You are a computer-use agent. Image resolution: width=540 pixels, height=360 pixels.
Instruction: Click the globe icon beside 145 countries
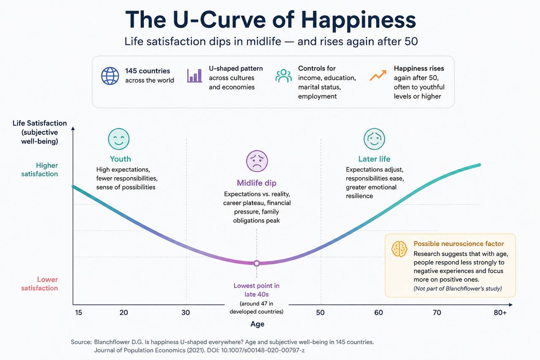tap(110, 76)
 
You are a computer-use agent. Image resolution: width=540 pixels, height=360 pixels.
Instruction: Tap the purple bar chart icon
tap(194, 76)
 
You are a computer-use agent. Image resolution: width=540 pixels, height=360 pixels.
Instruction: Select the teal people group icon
tap(283, 76)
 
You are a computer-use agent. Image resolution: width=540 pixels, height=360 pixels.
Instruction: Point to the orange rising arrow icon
tap(378, 75)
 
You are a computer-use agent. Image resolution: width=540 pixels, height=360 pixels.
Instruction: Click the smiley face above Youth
tap(119, 139)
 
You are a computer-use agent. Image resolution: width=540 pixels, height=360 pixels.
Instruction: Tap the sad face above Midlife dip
tap(257, 161)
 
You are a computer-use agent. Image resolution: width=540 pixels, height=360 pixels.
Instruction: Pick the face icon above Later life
tap(374, 139)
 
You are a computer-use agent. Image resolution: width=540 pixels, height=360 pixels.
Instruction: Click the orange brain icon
tap(399, 249)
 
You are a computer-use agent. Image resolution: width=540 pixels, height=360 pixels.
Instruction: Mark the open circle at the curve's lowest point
tap(257, 263)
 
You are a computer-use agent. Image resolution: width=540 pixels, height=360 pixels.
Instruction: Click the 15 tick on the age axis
tap(78, 312)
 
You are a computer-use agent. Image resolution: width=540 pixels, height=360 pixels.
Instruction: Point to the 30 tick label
tap(186, 312)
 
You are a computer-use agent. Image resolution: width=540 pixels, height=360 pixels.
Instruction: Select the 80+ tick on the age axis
tap(500, 312)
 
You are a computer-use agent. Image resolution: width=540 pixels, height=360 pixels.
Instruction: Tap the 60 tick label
tap(378, 312)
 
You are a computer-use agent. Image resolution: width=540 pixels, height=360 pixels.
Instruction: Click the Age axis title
tap(257, 324)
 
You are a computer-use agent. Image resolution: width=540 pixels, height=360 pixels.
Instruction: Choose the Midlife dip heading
tap(256, 183)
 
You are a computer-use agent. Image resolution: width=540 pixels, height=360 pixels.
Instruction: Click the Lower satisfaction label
tap(40, 284)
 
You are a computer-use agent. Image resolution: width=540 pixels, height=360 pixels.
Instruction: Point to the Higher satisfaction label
tap(40, 170)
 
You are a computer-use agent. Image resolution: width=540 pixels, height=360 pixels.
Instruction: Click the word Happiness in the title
tap(359, 20)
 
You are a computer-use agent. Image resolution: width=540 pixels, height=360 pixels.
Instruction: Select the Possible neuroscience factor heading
tap(459, 244)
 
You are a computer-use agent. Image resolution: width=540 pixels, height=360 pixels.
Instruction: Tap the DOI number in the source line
tap(263, 350)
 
